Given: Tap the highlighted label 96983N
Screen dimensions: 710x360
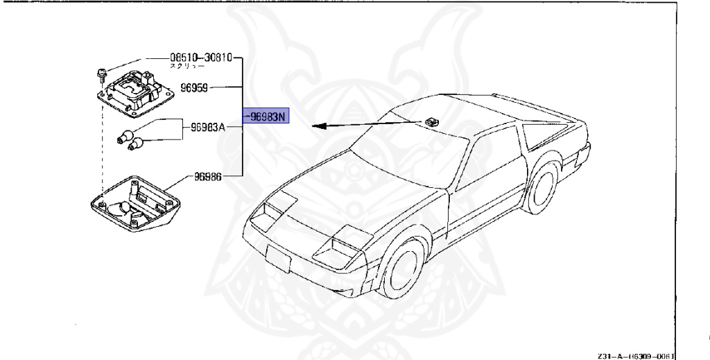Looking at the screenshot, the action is pos(264,117).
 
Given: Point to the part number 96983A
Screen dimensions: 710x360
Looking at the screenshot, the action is pos(209,127).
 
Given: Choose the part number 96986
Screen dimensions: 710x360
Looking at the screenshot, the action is pos(208,176).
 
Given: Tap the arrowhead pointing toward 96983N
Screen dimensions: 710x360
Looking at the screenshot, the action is pos(316,126).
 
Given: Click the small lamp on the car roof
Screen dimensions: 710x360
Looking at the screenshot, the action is pos(433,122).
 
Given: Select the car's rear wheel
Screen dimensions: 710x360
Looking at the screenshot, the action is pos(540,187).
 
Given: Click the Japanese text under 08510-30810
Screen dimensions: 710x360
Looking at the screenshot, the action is pos(187,67).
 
